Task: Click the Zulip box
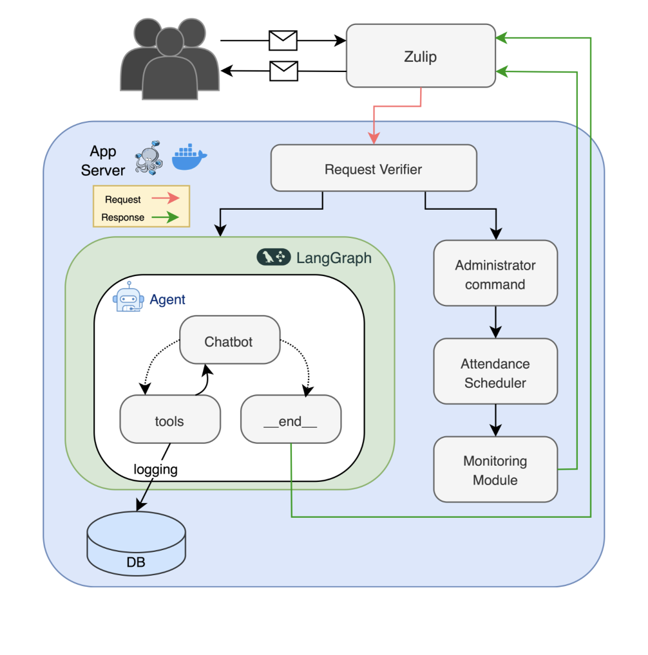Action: pos(421,56)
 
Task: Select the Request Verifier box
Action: pos(374,169)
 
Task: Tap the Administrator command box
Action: pos(495,273)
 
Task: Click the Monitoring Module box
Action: pos(495,470)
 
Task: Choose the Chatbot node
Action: pos(229,341)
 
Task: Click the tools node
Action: pos(169,420)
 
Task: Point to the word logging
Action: pos(155,469)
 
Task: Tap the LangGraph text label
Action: pos(334,258)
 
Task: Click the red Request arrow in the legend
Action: pos(165,199)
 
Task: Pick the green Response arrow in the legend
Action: pos(165,217)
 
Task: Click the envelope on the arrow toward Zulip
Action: pos(283,41)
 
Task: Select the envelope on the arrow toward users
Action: pos(283,70)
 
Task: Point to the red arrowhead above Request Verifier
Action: pos(374,138)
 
